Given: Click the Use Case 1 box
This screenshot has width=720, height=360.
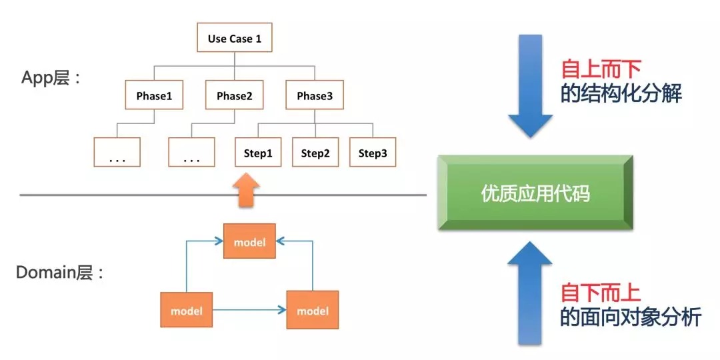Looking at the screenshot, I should click(x=234, y=38).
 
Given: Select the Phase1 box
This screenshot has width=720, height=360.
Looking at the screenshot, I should click(x=154, y=95).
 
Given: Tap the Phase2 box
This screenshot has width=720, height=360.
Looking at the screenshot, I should click(x=234, y=95).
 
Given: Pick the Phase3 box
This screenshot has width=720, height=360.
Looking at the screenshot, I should click(x=315, y=95).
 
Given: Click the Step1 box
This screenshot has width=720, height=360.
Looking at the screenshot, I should click(x=258, y=153).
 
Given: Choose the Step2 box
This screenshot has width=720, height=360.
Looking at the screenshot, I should click(x=315, y=153).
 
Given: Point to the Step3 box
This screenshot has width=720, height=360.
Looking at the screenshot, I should click(x=373, y=153).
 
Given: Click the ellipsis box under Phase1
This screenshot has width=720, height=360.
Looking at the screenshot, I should click(x=117, y=152).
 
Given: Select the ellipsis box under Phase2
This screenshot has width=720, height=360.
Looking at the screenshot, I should click(x=191, y=152).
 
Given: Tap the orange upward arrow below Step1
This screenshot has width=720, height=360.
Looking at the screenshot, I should click(x=249, y=187).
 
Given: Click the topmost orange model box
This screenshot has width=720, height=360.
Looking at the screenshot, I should click(x=249, y=241).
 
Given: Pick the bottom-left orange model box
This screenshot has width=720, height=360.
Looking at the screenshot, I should click(x=186, y=310).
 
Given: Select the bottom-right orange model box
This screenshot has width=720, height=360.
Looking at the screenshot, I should click(x=313, y=310).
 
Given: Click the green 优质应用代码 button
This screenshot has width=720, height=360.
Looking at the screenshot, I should click(x=535, y=193).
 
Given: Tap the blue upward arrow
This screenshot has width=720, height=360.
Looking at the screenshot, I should click(x=531, y=293).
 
